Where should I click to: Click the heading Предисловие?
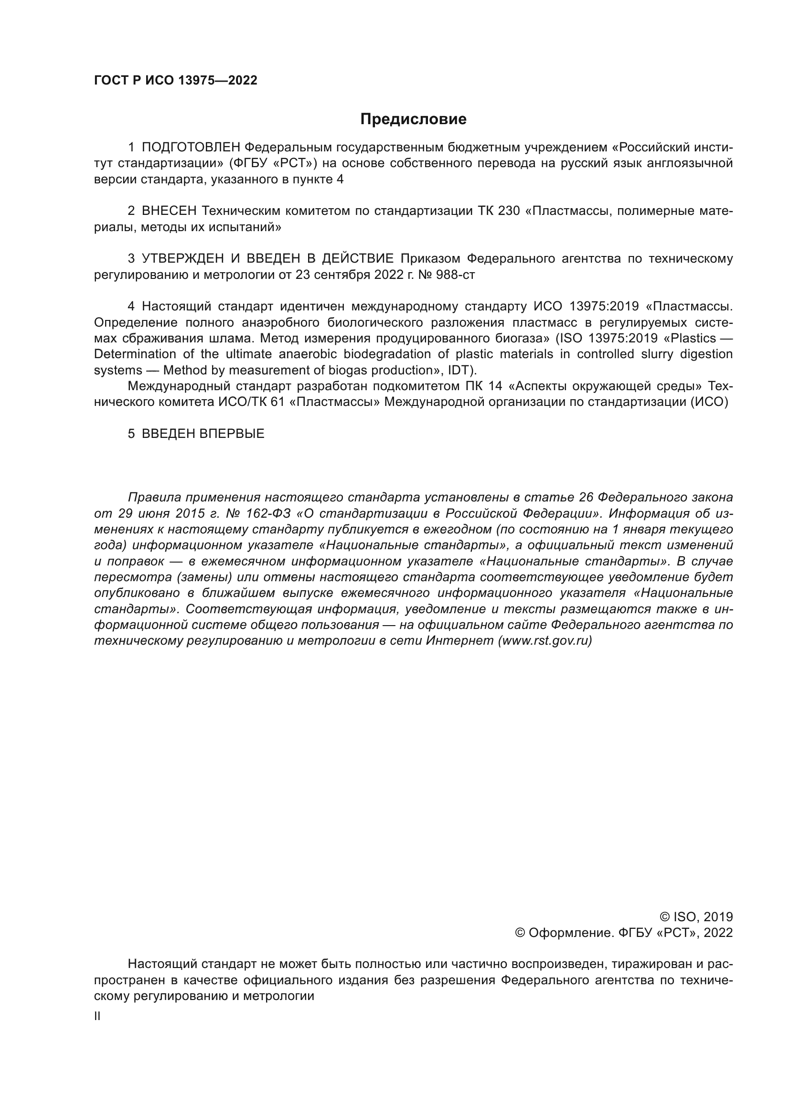coord(413,119)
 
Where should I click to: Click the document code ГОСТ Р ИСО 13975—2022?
coord(176,81)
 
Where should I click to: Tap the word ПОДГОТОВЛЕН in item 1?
coord(191,148)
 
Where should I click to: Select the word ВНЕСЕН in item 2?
coord(169,211)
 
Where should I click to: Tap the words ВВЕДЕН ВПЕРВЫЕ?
coord(203,434)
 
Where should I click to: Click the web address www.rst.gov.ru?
coord(545,641)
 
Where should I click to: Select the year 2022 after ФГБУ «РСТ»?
coord(717,933)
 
